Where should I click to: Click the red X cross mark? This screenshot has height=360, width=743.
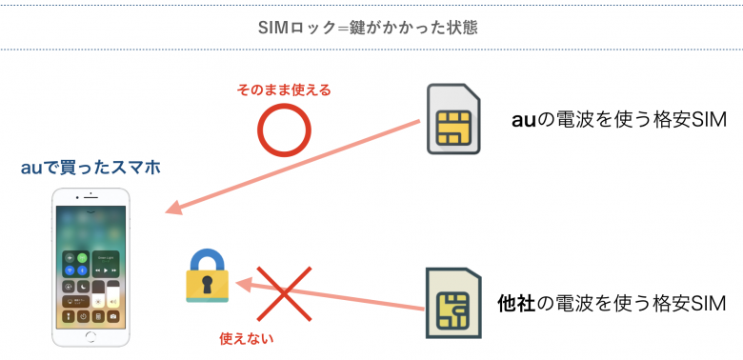(x=285, y=293)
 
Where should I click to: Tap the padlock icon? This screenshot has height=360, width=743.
(x=207, y=277)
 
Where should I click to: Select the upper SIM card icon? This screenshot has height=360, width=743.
(x=454, y=119)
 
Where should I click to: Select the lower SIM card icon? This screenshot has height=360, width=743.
(x=452, y=304)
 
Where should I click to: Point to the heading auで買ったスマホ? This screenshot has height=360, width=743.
(x=90, y=168)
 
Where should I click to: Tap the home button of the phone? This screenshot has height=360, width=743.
(x=91, y=337)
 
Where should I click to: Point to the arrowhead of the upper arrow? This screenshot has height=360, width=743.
(x=174, y=209)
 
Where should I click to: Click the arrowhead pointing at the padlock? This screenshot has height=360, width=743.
(x=243, y=283)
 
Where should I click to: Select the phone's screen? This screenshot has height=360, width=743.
(x=91, y=266)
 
